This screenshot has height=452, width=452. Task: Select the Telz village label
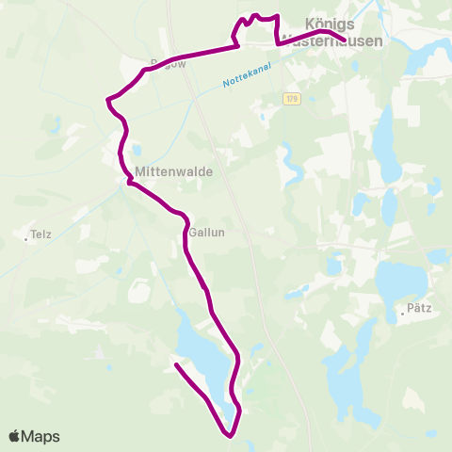(x=40, y=235)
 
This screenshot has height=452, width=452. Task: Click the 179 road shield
(x=294, y=98)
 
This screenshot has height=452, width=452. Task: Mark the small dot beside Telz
(x=25, y=238)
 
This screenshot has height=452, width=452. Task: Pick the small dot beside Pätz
(x=402, y=313)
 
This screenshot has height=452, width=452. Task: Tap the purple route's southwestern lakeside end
(x=176, y=363)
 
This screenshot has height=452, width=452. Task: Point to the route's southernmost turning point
(x=230, y=434)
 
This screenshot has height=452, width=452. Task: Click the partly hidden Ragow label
(x=151, y=64)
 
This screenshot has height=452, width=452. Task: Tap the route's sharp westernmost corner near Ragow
(x=109, y=98)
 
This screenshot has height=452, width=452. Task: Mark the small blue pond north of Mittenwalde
(x=137, y=149)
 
